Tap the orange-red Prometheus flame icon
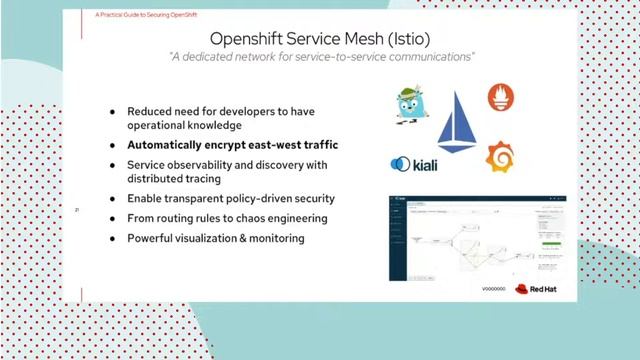point(501,98)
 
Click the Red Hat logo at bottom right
point(535,288)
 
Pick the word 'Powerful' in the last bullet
point(153,238)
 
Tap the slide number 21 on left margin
point(78,209)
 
